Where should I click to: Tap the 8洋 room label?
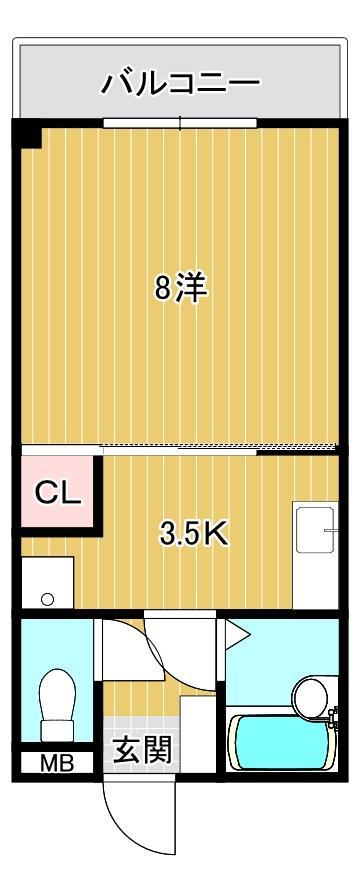point(180,289)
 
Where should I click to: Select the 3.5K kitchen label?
point(195,533)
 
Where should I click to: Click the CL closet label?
point(57,492)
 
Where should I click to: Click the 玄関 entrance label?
point(140,749)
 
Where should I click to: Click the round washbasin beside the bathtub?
point(311,694)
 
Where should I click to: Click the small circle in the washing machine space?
point(47,599)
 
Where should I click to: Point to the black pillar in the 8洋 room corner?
point(27,133)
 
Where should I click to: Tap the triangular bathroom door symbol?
point(236,632)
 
